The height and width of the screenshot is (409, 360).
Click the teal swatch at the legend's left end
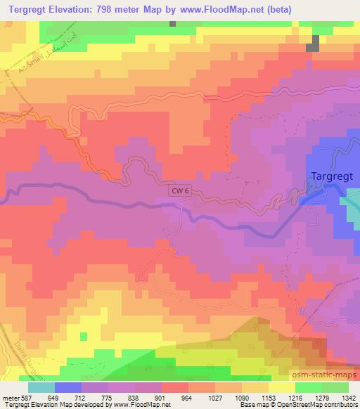(41, 387)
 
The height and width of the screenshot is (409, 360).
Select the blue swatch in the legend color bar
(67, 387)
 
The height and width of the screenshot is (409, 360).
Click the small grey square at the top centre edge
(172, 23)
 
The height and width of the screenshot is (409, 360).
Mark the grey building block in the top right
(313, 44)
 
